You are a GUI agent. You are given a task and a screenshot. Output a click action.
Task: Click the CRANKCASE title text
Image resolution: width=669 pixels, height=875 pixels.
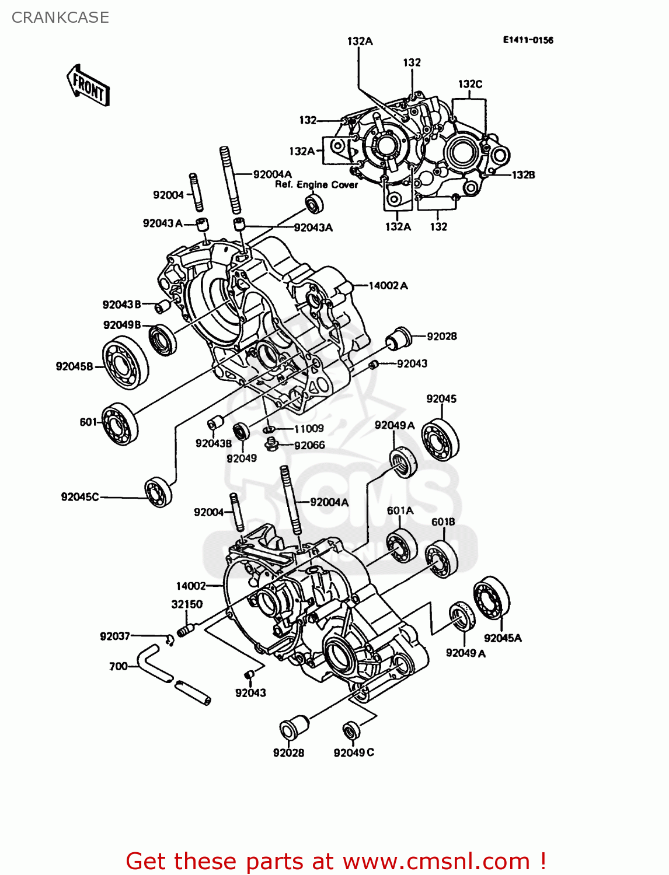click(60, 17)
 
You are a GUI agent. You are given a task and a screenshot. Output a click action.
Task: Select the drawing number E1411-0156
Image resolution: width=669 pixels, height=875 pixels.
click(528, 40)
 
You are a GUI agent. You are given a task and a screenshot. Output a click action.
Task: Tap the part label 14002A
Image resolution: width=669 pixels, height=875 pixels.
click(388, 285)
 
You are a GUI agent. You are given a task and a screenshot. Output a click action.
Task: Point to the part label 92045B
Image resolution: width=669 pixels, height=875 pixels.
click(74, 366)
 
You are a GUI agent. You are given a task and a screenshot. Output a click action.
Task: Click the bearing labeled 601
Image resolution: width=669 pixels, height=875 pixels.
click(120, 424)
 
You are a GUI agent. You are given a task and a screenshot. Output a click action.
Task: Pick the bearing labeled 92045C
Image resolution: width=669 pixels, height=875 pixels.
click(158, 492)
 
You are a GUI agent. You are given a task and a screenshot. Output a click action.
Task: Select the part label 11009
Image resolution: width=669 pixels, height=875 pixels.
click(308, 429)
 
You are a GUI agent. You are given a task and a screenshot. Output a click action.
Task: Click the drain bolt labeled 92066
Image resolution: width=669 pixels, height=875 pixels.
click(270, 446)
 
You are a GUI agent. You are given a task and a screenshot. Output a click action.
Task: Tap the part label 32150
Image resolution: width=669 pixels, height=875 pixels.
click(187, 604)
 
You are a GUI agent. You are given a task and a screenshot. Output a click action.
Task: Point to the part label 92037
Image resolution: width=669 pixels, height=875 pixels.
click(115, 636)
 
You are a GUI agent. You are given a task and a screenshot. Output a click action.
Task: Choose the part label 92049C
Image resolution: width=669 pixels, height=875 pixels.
click(354, 752)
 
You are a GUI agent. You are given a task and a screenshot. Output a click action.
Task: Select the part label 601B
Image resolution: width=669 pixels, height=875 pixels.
click(443, 521)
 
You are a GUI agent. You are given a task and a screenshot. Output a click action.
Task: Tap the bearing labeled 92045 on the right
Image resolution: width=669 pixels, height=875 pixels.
click(441, 439)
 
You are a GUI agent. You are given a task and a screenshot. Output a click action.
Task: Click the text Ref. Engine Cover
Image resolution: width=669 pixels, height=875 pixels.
click(316, 184)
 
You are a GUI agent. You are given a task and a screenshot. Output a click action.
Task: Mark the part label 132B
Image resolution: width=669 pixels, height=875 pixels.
click(523, 174)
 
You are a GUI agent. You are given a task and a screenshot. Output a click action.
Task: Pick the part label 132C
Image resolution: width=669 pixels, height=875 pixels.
click(470, 84)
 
